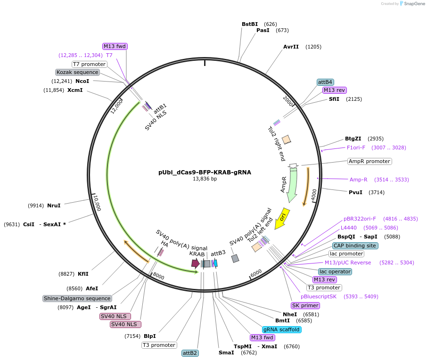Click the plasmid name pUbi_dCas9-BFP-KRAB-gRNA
coord(205,172)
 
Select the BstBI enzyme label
coord(250,24)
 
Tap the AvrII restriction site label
coord(291,47)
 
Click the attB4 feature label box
coord(325,82)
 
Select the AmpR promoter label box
coord(369,161)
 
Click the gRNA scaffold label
coord(281,329)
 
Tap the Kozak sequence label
coord(78,72)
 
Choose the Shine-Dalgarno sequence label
coord(77,298)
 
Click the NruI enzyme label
coord(54,205)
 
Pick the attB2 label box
coord(190,353)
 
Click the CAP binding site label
coord(355,246)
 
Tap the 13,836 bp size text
coord(205,179)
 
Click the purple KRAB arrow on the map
coord(195,263)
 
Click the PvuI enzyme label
coord(355,192)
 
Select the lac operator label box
coord(335,271)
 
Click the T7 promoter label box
coord(89,64)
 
